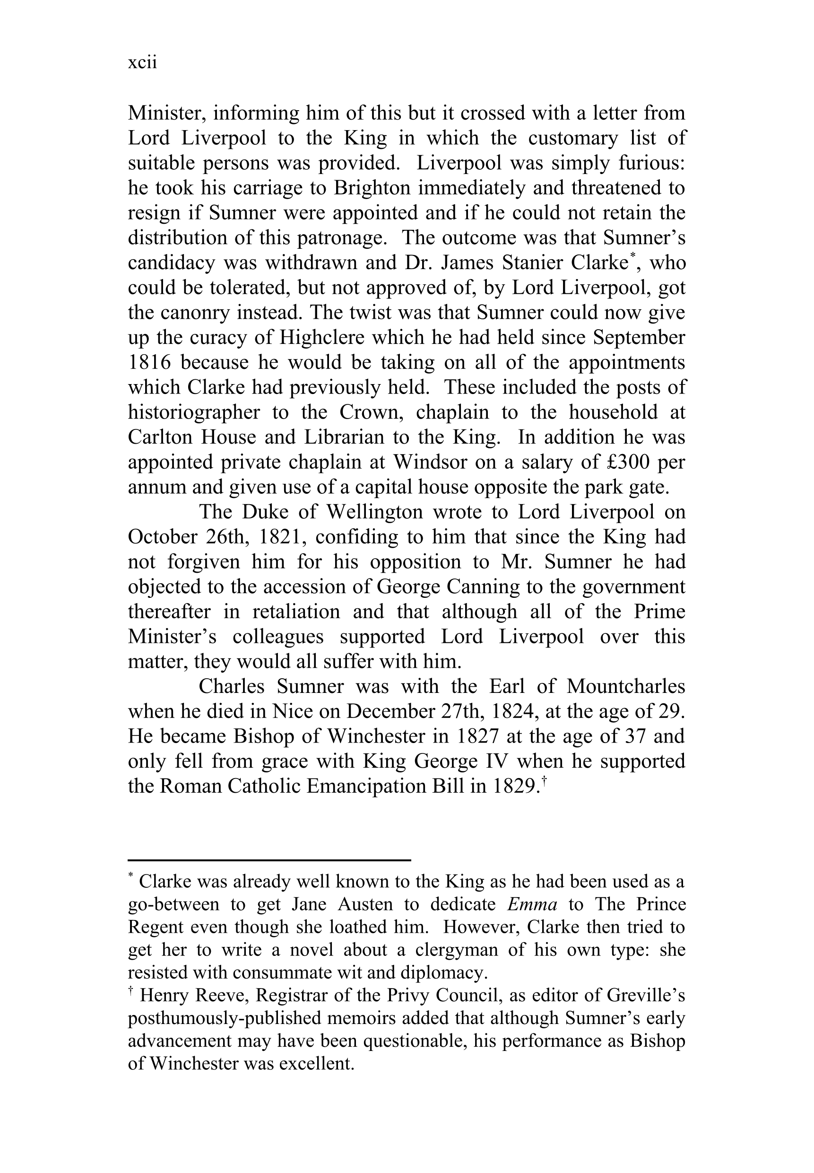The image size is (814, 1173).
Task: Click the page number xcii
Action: point(142,62)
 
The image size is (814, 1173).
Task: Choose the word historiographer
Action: point(194,413)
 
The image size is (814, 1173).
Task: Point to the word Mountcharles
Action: point(625,687)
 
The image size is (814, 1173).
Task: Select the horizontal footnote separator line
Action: point(269,860)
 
